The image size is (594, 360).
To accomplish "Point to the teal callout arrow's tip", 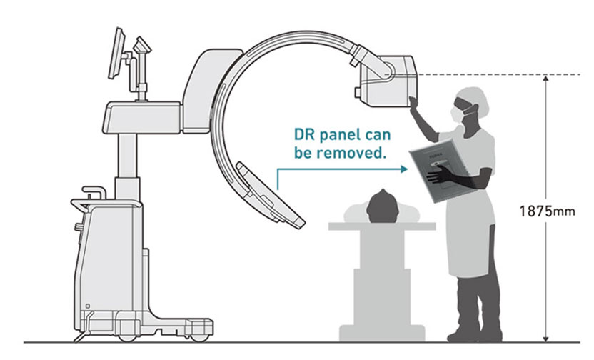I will point(405,170).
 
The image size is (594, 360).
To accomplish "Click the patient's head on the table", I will point(382,206).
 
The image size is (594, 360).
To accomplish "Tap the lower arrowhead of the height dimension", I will point(545,336).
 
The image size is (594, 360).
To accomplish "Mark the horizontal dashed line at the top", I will point(485,74).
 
